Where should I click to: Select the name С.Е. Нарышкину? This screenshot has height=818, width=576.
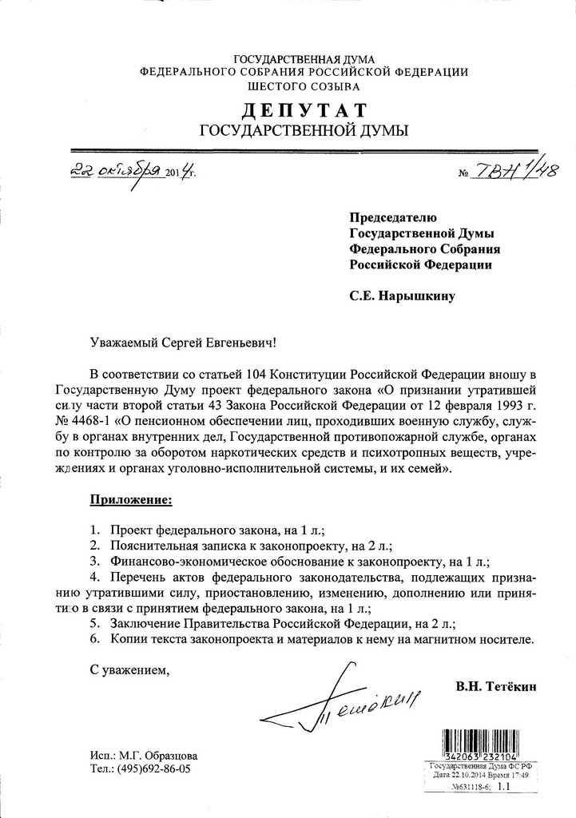pyautogui.click(x=402, y=296)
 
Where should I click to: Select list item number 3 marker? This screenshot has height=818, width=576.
pyautogui.click(x=93, y=561)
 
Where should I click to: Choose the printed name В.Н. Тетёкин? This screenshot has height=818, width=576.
pyautogui.click(x=497, y=686)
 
